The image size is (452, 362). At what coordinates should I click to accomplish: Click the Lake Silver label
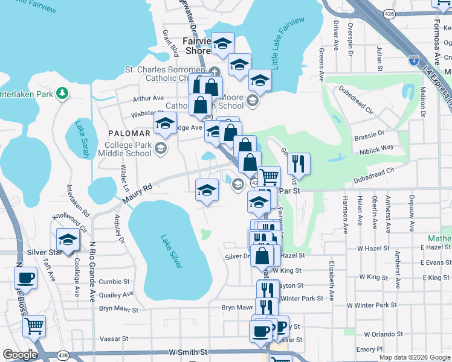point(172,251)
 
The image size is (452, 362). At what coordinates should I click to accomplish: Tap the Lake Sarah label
point(82,140)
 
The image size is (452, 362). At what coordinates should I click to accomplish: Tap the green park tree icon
point(61,93)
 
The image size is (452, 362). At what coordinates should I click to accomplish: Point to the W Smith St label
point(188,352)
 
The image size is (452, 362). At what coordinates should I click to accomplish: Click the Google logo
point(20,355)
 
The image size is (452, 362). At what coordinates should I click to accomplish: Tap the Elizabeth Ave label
point(332,280)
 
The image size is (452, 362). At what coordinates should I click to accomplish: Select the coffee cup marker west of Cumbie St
point(25,278)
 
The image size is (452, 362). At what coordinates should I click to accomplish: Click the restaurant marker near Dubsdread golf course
point(299,163)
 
